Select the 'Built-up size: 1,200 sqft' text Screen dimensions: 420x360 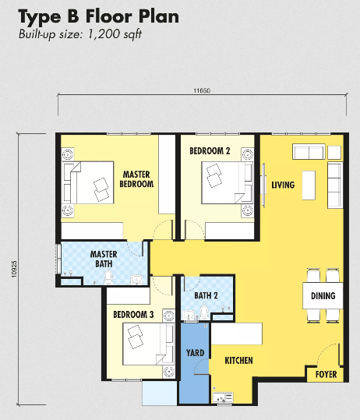(x=81, y=34)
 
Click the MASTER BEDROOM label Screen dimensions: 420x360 (x=136, y=179)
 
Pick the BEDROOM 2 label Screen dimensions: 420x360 (x=210, y=150)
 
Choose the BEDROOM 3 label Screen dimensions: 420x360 (x=133, y=314)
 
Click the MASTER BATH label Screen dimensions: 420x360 (x=104, y=259)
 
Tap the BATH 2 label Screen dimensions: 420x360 (x=206, y=295)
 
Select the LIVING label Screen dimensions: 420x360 (x=283, y=185)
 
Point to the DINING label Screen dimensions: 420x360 (x=323, y=296)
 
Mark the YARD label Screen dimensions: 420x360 (x=195, y=354)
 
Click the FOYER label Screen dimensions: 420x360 (x=326, y=375)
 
